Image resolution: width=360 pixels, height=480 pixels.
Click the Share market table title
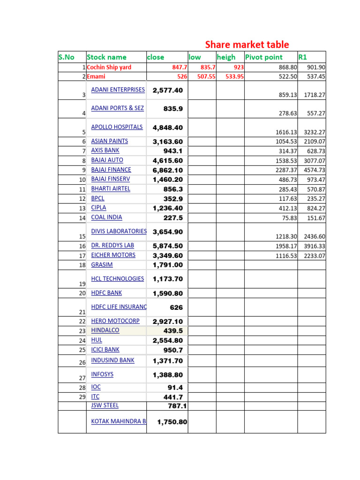coord(247,45)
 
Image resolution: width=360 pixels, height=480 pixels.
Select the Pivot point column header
coord(264,57)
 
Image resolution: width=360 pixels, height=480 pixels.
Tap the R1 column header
coord(303,57)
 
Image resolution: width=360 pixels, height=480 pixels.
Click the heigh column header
coord(226,57)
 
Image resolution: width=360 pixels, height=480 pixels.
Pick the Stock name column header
coord(107,57)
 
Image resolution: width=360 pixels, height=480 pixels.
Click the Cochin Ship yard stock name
coord(109,67)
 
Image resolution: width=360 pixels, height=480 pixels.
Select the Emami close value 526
coord(182,76)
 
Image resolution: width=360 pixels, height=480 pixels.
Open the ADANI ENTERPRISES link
coord(118,90)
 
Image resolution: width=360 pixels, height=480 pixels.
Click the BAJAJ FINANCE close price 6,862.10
coord(168,170)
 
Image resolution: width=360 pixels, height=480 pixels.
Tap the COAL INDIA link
coord(106,217)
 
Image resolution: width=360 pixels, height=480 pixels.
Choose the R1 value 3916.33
coord(315,246)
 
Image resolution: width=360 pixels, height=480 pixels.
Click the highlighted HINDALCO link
coord(105,330)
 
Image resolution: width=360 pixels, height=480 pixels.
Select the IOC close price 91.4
coord(175,388)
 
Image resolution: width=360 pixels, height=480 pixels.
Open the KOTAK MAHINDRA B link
coord(118,421)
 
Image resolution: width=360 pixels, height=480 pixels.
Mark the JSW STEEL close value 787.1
coord(177,406)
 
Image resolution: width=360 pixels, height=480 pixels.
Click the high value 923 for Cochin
coord(239,67)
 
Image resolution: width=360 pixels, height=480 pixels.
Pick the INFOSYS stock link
coord(102,374)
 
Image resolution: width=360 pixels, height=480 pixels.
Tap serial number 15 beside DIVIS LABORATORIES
coord(82,237)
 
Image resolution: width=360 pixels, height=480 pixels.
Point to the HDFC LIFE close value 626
coord(176,308)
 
